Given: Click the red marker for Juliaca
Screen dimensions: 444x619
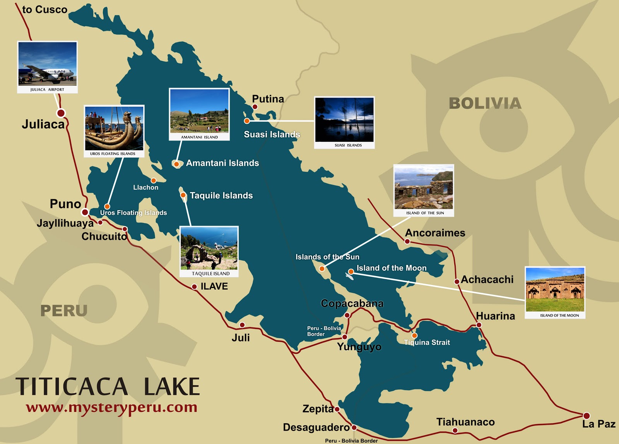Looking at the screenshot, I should click(x=61, y=113).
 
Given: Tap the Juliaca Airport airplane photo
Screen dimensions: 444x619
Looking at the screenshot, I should click(x=48, y=64).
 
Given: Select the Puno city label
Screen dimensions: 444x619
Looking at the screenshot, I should click(x=65, y=204).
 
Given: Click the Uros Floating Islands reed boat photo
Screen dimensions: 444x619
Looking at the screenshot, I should click(x=114, y=129).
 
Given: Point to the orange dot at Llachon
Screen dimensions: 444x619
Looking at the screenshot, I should click(x=154, y=180).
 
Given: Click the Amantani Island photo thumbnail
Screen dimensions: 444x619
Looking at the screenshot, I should click(x=199, y=111).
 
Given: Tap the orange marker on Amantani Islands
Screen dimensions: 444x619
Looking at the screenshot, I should click(x=176, y=164).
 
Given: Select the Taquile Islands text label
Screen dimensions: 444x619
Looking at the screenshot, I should click(x=221, y=195).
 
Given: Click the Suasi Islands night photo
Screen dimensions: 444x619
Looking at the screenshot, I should click(x=344, y=120).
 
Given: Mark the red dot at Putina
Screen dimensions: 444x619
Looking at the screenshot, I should click(x=255, y=107).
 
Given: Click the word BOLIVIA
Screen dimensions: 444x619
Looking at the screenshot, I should click(x=485, y=103).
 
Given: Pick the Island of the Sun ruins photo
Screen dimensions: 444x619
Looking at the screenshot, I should click(x=424, y=187).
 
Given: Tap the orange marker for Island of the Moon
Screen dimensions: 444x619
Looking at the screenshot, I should click(x=351, y=272).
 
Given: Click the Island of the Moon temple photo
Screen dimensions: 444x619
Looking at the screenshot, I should click(x=555, y=290).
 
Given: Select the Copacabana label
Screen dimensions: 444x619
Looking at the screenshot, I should click(x=352, y=303).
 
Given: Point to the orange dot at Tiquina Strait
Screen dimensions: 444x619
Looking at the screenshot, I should click(x=414, y=336).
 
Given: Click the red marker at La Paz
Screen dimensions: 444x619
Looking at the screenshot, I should click(x=587, y=416).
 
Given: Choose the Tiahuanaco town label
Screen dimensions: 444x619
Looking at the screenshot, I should click(x=465, y=422).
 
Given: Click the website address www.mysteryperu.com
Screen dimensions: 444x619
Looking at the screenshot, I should click(x=112, y=407).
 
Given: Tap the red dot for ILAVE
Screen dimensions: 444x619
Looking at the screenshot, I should click(x=195, y=287).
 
